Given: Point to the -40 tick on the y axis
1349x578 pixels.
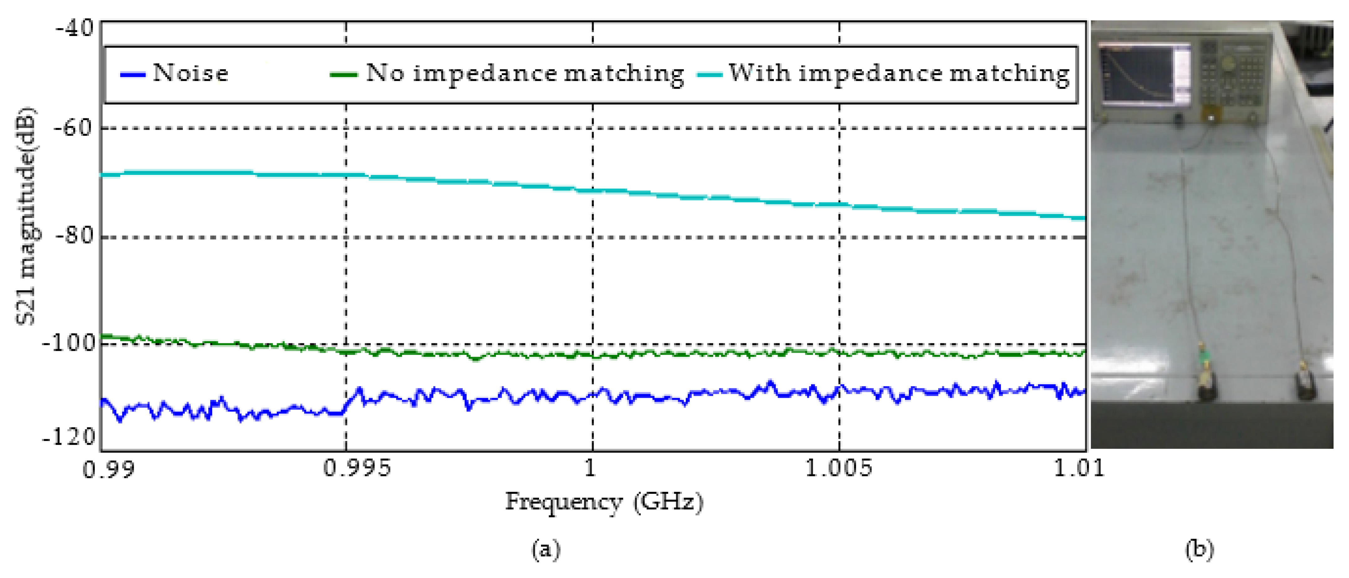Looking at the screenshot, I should (x=75, y=27).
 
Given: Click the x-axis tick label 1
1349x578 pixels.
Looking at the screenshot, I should (x=590, y=468).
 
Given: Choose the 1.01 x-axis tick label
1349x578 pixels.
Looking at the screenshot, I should (x=1079, y=468).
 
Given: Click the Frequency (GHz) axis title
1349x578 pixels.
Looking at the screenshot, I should (x=604, y=502).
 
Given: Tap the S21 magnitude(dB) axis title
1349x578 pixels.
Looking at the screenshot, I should (x=26, y=216).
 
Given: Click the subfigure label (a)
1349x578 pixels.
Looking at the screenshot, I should (x=546, y=549).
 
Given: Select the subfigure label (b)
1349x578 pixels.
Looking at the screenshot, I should (x=1199, y=549).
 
